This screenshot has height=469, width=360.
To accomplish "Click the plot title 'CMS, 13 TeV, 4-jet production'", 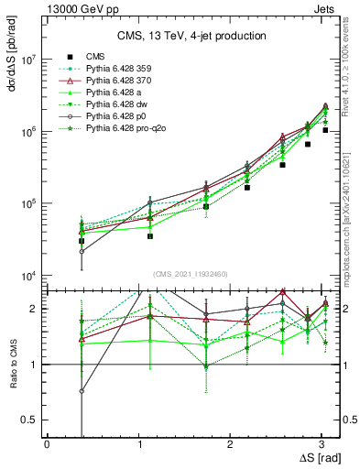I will (x=191, y=36).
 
